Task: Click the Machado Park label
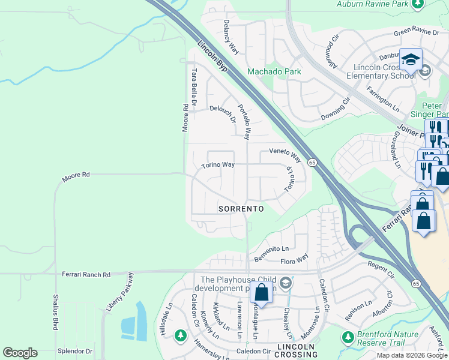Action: (274, 71)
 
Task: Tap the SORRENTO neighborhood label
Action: (241, 208)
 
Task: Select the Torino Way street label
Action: (218, 165)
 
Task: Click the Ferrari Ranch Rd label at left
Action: (86, 275)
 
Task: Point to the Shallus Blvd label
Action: (55, 311)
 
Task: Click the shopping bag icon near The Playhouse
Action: (261, 293)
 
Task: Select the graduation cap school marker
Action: (411, 60)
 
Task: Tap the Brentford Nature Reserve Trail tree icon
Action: (347, 337)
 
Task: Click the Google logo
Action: (20, 353)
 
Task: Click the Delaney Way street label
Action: (231, 38)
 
